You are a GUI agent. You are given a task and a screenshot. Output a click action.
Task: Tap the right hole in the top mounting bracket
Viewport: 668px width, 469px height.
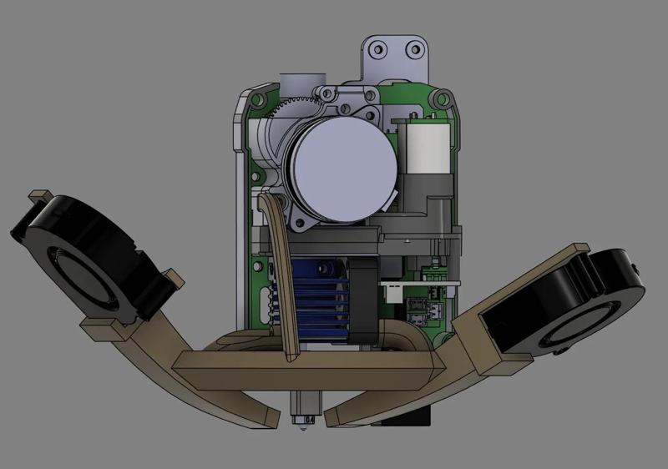pos(413,51)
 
